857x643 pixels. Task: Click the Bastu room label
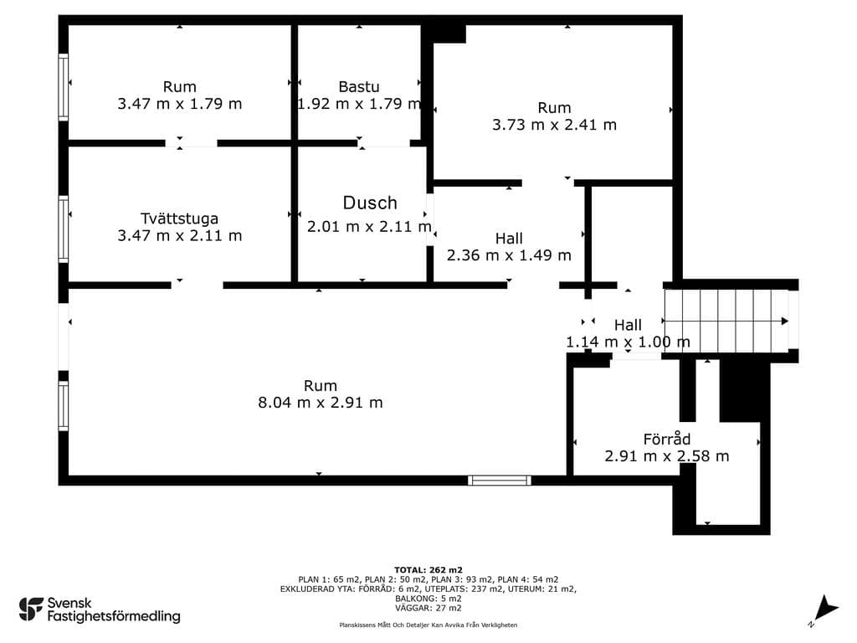click(x=358, y=86)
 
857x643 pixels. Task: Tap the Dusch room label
click(x=370, y=203)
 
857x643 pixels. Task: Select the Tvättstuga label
click(x=179, y=219)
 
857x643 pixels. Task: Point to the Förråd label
click(x=667, y=439)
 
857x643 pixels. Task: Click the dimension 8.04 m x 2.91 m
click(x=321, y=403)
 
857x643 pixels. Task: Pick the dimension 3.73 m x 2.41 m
click(x=554, y=125)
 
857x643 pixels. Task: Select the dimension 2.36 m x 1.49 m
click(x=509, y=255)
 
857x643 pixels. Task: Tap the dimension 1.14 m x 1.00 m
click(x=628, y=342)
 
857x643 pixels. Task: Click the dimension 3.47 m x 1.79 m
click(x=179, y=104)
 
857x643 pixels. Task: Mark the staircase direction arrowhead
click(x=785, y=321)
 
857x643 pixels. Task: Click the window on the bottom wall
click(x=499, y=481)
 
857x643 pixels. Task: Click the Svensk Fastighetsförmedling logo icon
click(x=31, y=610)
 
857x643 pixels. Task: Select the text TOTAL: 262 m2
click(x=428, y=570)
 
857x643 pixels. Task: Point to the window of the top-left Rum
click(x=64, y=87)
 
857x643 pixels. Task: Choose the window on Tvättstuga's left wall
click(x=64, y=229)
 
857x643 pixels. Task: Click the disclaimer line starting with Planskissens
click(x=428, y=625)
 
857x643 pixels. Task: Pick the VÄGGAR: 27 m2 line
click(x=428, y=608)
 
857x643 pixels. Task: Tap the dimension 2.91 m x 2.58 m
click(x=667, y=456)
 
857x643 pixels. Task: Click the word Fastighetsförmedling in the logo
click(x=114, y=616)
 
